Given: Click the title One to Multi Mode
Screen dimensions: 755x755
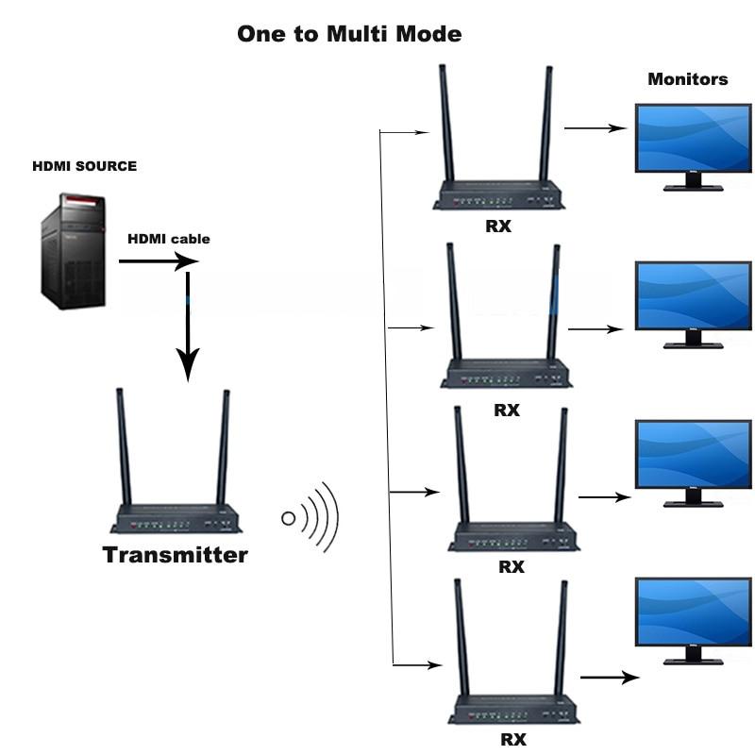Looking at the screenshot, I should click(349, 35).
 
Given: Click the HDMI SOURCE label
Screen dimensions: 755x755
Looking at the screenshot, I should click(84, 166).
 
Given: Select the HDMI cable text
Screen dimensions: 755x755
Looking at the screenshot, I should click(169, 239).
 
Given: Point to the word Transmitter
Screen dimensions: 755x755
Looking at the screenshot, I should click(175, 554).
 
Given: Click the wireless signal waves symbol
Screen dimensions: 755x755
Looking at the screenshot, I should click(311, 517).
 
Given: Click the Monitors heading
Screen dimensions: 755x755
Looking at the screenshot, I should click(687, 79).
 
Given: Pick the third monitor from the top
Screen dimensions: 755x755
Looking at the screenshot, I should click(693, 454).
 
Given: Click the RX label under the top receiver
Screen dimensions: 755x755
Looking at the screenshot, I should click(498, 226).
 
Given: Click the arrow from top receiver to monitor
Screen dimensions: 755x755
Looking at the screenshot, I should click(595, 127).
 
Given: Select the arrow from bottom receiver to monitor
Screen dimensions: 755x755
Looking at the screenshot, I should click(609, 677).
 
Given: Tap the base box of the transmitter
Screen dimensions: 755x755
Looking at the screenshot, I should click(176, 519).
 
